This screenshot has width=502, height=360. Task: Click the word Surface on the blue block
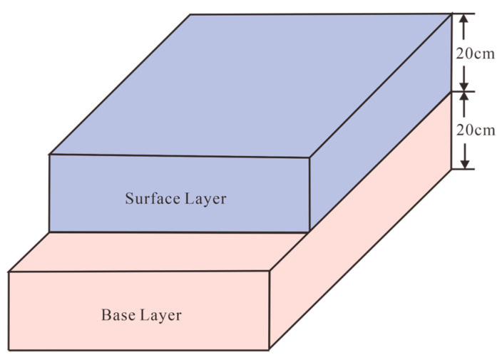(x=149, y=198)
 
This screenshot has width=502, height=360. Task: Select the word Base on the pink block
(x=118, y=314)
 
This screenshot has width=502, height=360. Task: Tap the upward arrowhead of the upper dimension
(x=464, y=21)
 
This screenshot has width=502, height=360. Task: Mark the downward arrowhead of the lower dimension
(x=464, y=163)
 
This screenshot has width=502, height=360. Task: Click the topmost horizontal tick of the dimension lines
(x=464, y=14)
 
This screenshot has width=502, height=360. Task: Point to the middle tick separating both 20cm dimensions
(x=464, y=91)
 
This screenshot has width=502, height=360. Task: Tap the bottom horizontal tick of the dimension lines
(x=464, y=169)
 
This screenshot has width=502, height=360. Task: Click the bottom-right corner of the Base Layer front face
(x=270, y=350)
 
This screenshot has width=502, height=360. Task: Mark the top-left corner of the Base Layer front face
(x=9, y=272)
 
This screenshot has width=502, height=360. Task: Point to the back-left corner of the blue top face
(x=190, y=15)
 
